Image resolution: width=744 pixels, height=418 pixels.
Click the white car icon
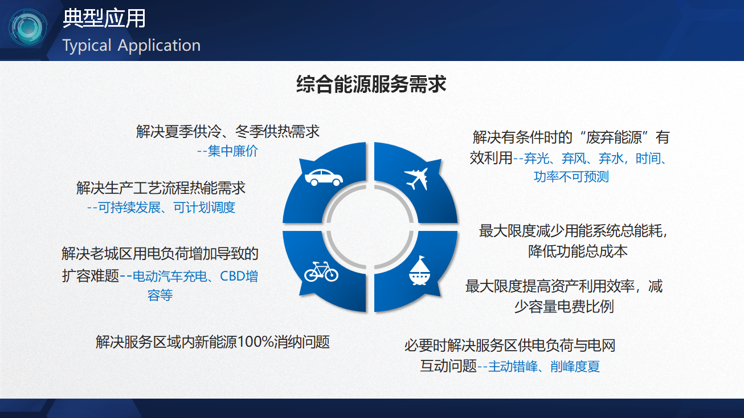(x=324, y=177)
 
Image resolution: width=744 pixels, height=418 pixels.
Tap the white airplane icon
(x=416, y=178)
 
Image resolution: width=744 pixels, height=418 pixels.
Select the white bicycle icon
(x=321, y=271)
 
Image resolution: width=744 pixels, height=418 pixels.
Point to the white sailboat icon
(x=419, y=270)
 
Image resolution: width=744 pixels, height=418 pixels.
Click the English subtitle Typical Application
(x=132, y=46)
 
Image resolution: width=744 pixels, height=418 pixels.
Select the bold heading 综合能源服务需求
(x=371, y=84)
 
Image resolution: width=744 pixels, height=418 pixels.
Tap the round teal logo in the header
(x=27, y=27)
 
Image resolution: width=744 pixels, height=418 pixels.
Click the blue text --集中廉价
(x=227, y=151)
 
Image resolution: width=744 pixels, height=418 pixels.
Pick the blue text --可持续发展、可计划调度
(x=161, y=208)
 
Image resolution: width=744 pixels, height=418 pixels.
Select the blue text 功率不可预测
(x=571, y=176)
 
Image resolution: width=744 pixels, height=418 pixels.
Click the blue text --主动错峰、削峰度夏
(x=538, y=366)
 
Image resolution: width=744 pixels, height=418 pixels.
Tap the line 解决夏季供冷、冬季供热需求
(x=227, y=131)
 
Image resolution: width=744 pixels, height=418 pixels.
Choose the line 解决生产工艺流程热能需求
(x=161, y=188)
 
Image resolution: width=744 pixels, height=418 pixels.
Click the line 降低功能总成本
(x=578, y=251)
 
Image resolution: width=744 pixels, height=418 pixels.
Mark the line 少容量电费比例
(x=563, y=306)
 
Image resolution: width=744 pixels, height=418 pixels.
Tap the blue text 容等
(x=160, y=295)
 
